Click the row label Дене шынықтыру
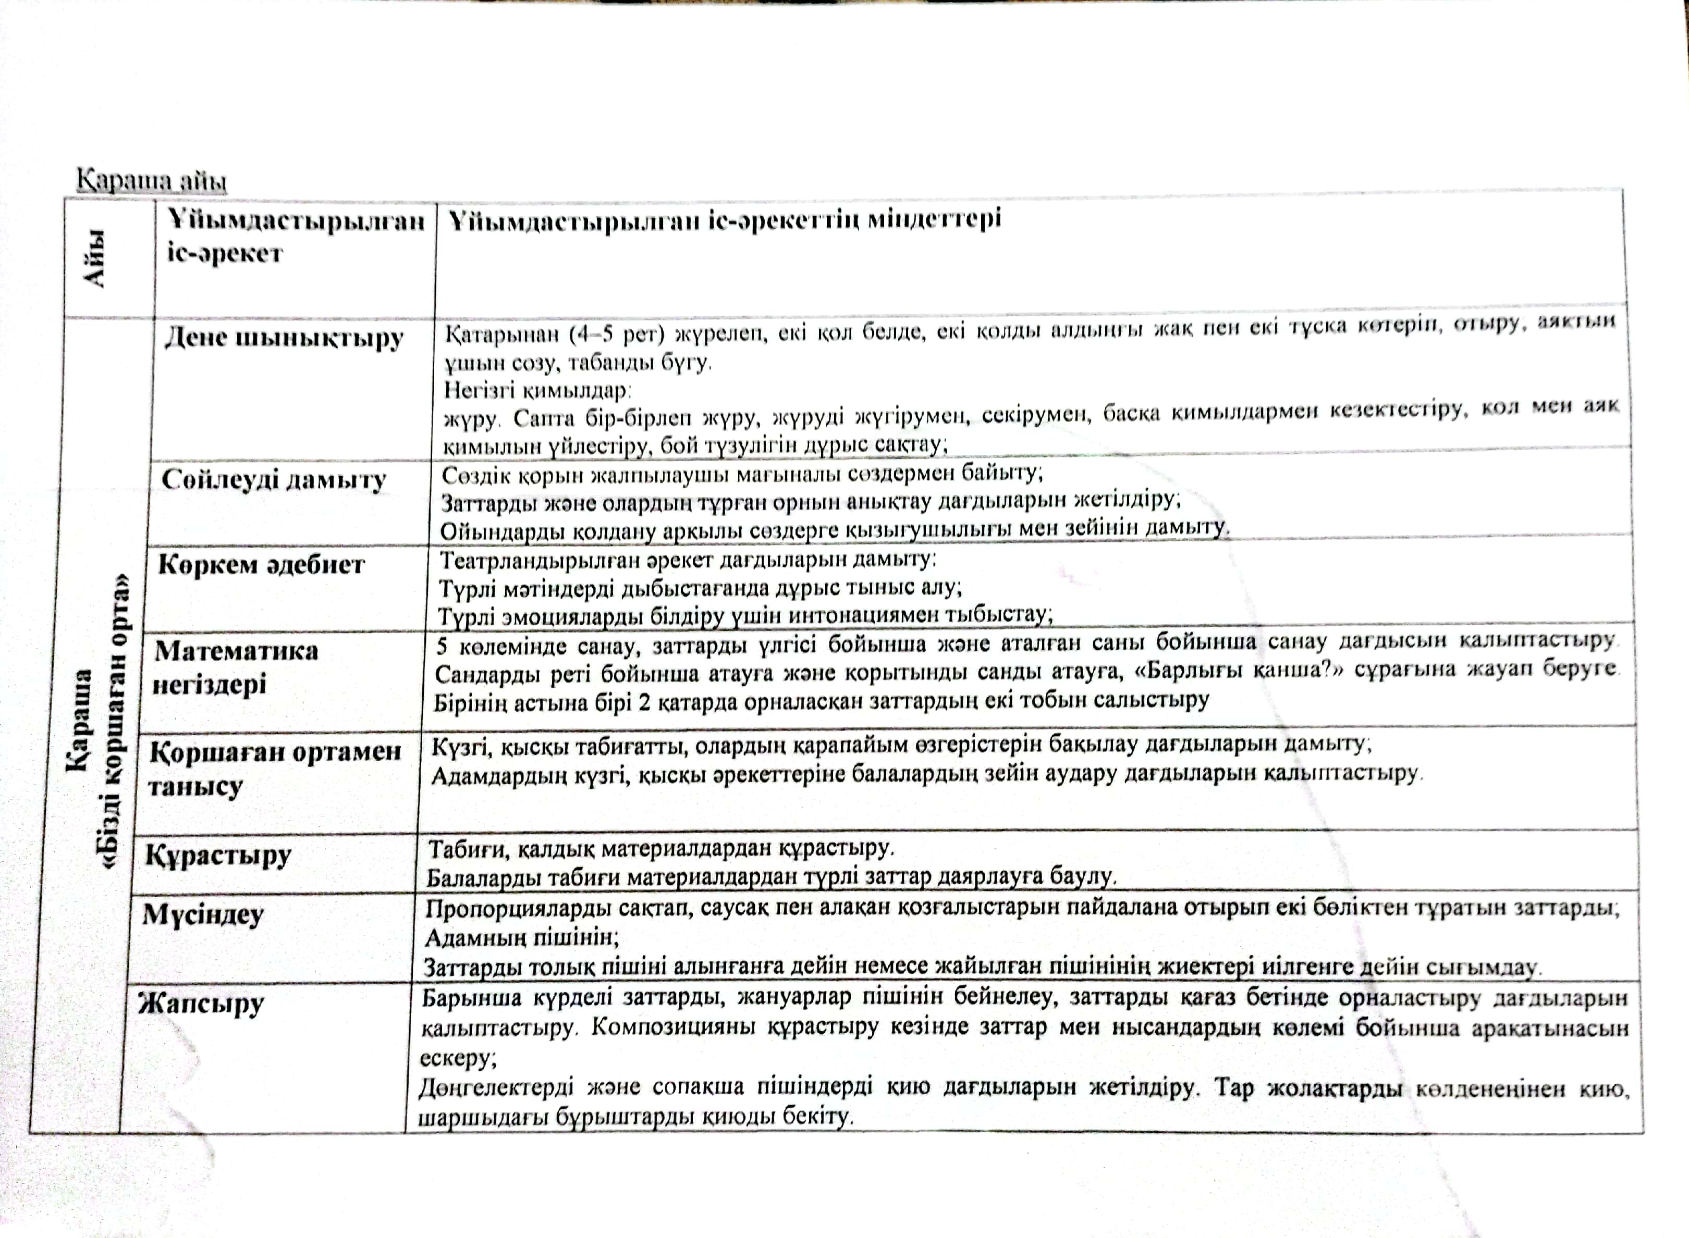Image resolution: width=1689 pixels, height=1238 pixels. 284,338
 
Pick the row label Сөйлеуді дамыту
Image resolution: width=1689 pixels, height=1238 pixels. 274,479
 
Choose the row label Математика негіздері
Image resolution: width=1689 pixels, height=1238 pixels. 236,667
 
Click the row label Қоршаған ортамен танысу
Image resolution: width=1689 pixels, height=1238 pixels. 274,768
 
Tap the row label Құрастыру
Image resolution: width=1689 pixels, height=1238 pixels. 218,855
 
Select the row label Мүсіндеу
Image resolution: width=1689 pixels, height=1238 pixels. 203,915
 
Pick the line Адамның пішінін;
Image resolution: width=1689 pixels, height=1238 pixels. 522,937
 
